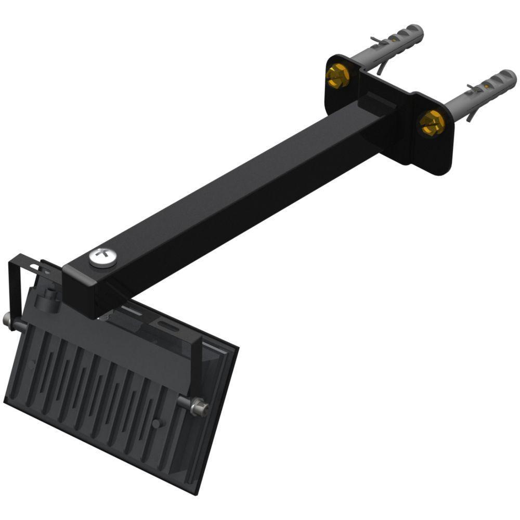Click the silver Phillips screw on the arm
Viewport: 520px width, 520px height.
tap(102, 256)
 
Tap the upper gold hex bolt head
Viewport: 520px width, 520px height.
tap(337, 76)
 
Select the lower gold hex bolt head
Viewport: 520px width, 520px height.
tap(432, 123)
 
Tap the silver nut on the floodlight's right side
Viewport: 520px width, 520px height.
tap(199, 407)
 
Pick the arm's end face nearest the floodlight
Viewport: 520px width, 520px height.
tap(83, 291)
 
